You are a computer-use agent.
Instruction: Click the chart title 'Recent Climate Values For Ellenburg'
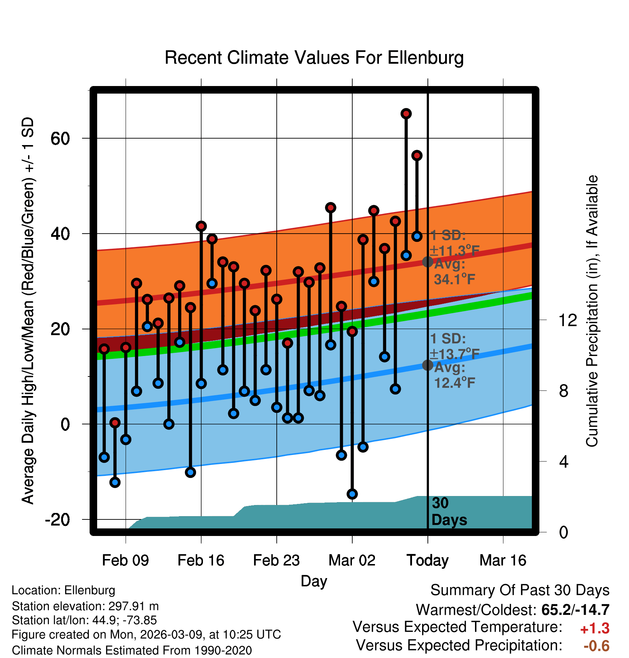[314, 58]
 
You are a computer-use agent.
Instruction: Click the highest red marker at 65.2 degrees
[406, 114]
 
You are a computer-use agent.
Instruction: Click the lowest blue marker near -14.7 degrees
[352, 494]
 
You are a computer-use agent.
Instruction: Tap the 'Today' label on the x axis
[427, 560]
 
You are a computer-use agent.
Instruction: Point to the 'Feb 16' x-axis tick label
[201, 560]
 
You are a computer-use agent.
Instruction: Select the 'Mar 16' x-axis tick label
[503, 560]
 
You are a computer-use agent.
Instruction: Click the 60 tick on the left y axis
[60, 139]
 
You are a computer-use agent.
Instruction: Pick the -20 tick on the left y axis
[58, 520]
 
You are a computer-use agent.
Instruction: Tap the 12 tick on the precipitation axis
[567, 320]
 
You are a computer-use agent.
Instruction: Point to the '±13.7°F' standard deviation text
[455, 354]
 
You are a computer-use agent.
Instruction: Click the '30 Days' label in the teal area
[449, 511]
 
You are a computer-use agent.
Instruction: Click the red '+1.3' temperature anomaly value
[594, 628]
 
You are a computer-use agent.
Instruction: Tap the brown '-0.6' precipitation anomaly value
[596, 646]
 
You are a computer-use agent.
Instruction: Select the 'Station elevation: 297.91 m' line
[85, 606]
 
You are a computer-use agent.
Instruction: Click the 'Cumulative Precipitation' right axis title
[592, 311]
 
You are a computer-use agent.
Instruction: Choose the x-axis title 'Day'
[314, 581]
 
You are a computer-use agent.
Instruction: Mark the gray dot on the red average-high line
[427, 262]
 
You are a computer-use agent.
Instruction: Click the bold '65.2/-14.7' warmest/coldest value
[575, 610]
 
